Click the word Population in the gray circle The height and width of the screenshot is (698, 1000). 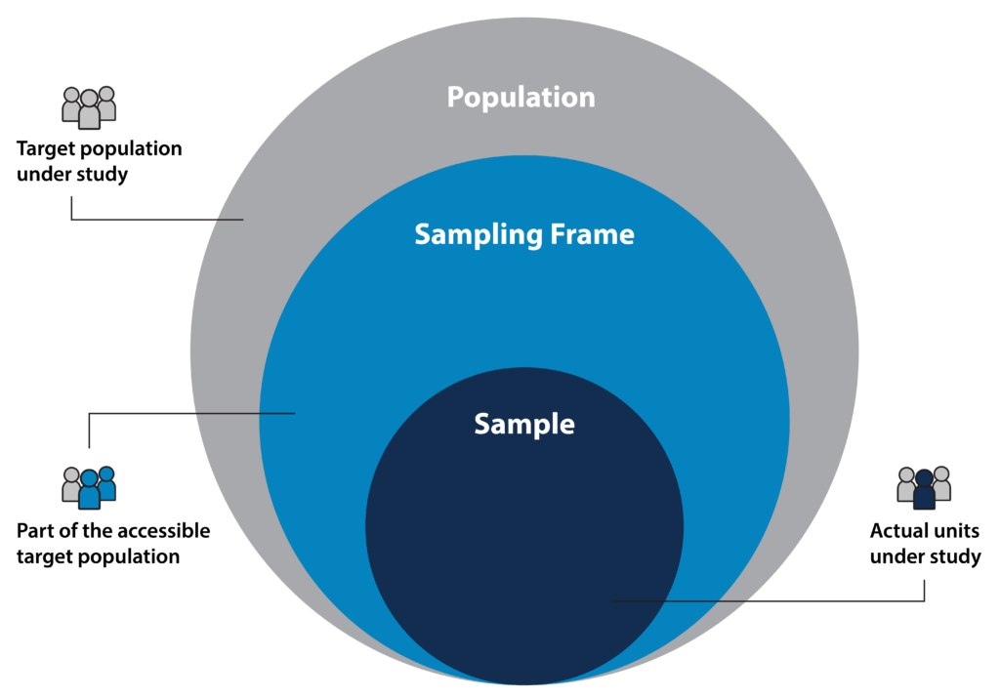(x=521, y=98)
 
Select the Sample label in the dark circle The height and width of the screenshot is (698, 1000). (x=524, y=424)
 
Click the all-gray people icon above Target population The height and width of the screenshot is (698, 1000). (x=89, y=107)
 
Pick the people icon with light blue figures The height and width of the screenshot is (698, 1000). (x=89, y=486)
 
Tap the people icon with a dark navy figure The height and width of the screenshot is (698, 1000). (x=924, y=486)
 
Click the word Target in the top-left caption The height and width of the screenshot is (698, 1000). (x=45, y=150)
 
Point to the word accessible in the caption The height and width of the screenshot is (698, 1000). (x=163, y=532)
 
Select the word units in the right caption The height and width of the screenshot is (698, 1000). (x=956, y=532)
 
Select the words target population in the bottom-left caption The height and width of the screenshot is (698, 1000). (x=98, y=557)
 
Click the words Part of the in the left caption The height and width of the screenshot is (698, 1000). (x=63, y=532)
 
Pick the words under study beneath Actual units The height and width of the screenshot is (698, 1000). (x=925, y=557)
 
